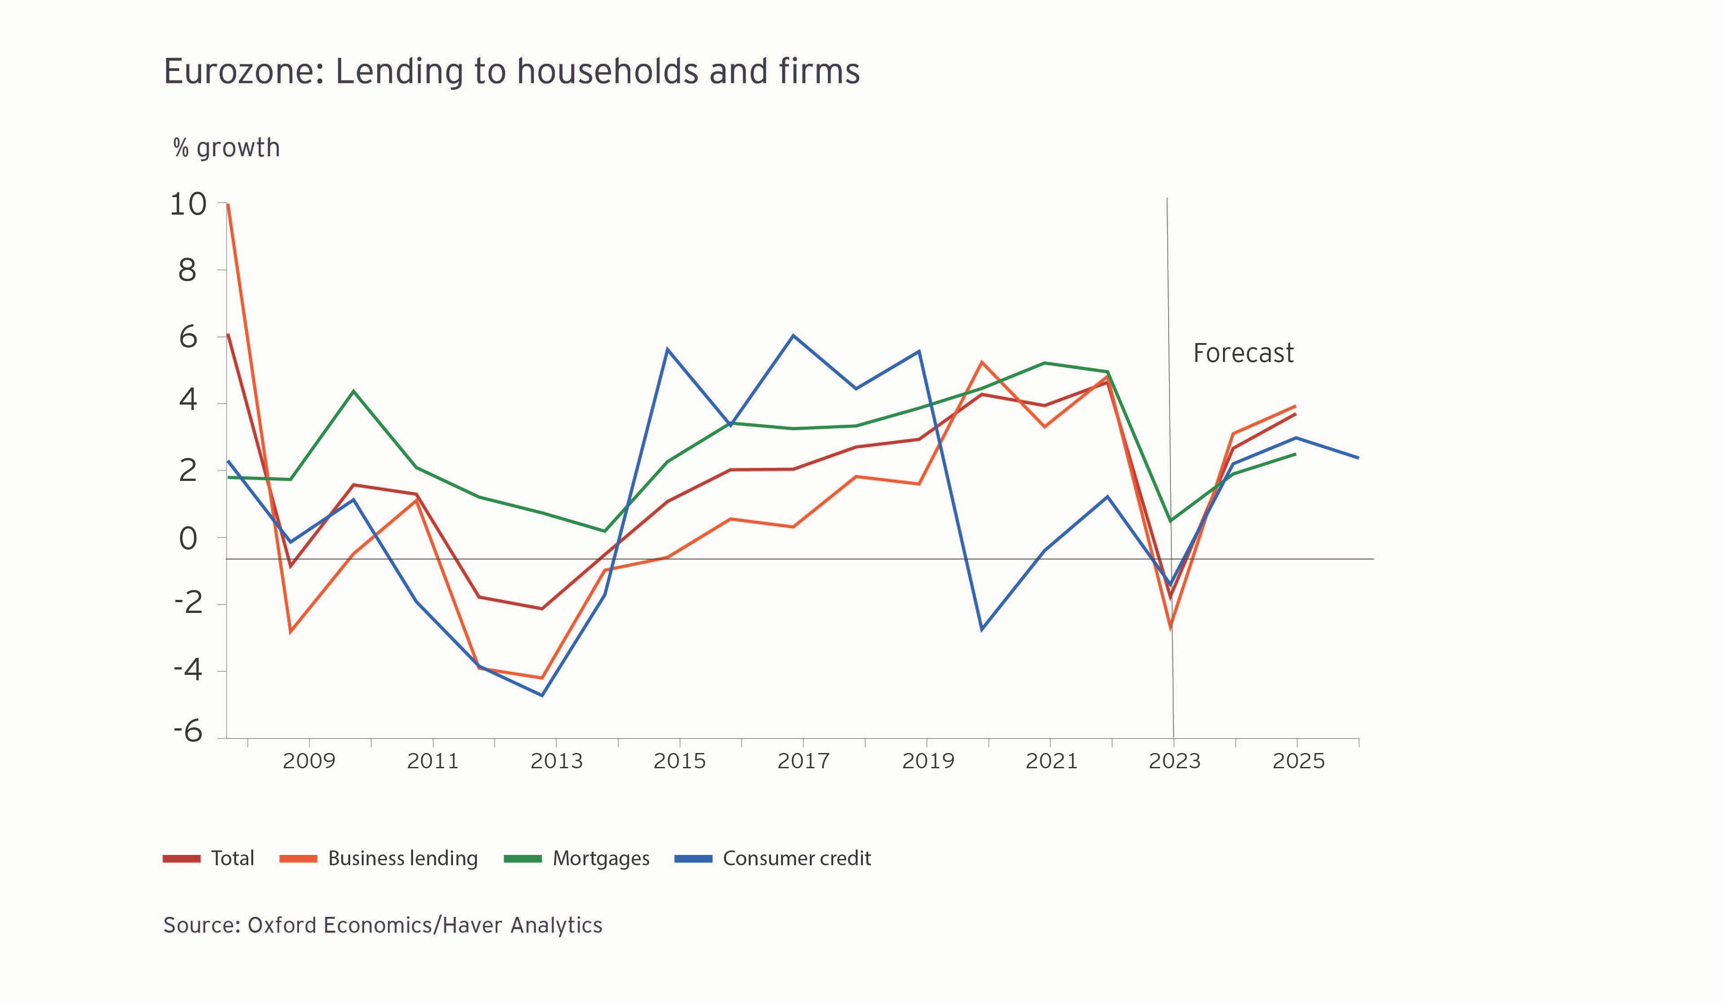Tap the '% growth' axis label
click(226, 148)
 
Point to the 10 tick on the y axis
click(188, 204)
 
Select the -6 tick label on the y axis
click(188, 731)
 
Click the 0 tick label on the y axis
click(188, 539)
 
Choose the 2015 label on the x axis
click(679, 761)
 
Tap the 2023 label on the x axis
click(1174, 761)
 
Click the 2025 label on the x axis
click(1298, 761)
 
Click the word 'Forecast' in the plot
click(1243, 353)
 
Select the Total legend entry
click(209, 858)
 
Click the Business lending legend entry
click(378, 858)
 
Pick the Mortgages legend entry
click(577, 858)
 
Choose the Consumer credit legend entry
click(773, 858)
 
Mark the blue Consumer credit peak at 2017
click(793, 335)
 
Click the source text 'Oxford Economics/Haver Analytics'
click(424, 925)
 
